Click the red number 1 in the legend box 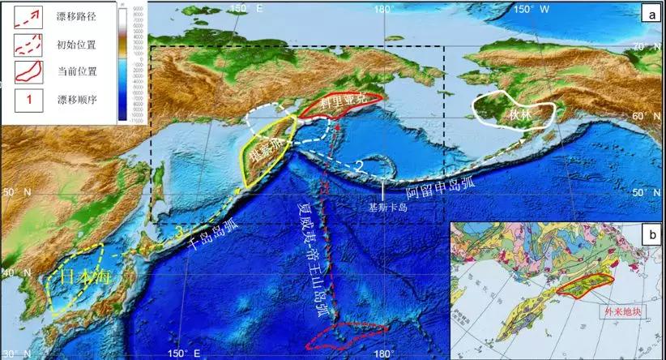click(x=26, y=100)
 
